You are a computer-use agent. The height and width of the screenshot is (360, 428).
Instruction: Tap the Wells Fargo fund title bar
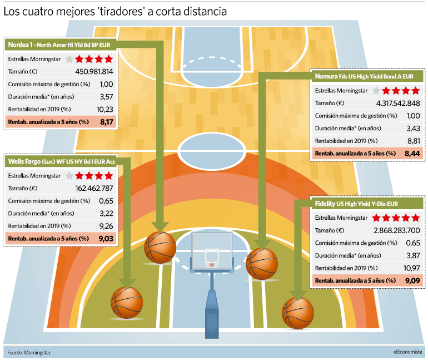(61, 161)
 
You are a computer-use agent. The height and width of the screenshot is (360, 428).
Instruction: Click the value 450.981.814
(94, 72)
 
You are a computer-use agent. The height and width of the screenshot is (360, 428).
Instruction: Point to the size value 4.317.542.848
(398, 103)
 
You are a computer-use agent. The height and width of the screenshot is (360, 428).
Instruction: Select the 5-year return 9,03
(106, 239)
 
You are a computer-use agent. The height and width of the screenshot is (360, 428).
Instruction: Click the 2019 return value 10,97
(412, 268)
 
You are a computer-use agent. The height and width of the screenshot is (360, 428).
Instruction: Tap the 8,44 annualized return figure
(412, 154)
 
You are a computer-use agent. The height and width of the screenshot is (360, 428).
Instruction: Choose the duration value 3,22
(106, 214)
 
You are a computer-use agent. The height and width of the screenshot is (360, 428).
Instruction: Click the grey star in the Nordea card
(69, 59)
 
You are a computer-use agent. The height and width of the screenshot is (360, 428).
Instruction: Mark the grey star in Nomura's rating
(376, 90)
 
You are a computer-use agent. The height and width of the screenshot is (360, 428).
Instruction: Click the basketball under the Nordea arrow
(160, 248)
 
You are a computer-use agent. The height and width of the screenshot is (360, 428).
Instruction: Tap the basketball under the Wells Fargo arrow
(127, 303)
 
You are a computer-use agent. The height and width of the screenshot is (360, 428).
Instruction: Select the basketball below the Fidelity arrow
(298, 313)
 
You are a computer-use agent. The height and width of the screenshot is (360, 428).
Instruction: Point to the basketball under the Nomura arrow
(262, 264)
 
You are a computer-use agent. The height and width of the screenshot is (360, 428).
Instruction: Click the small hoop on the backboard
(212, 265)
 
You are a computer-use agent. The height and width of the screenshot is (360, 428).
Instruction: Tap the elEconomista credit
(408, 352)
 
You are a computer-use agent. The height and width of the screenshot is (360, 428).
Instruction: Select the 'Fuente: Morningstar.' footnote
(29, 353)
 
